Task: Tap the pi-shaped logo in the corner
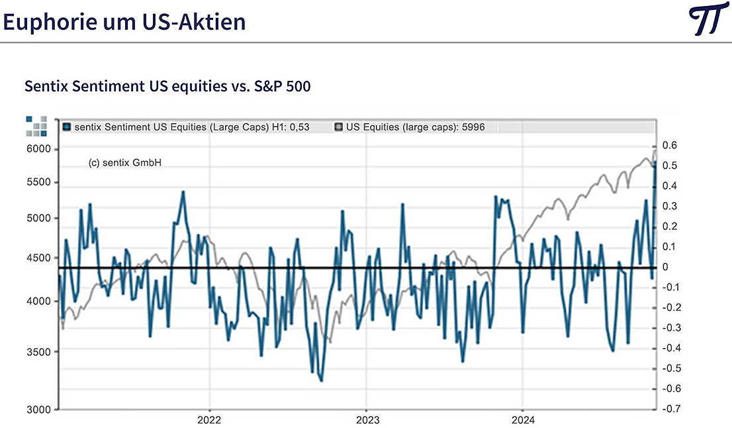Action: [x=708, y=21]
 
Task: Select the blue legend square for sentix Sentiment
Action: [x=67, y=127]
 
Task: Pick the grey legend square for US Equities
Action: [x=339, y=127]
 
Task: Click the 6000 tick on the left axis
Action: [x=39, y=148]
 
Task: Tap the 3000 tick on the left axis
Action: [x=39, y=409]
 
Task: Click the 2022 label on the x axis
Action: [x=209, y=419]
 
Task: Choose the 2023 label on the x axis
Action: [x=366, y=419]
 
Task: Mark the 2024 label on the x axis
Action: [x=523, y=419]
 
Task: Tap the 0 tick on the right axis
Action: [x=665, y=267]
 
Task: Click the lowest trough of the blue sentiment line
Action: [x=322, y=380]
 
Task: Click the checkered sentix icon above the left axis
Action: [x=36, y=125]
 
